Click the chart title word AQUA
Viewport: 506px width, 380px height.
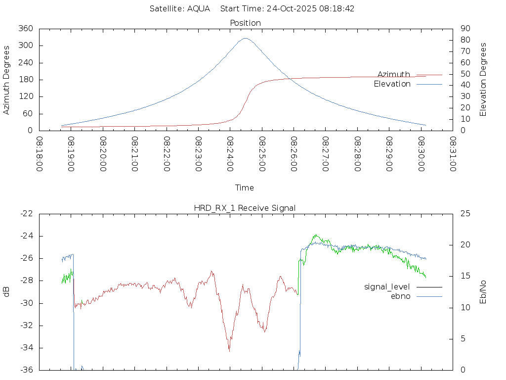click(198, 9)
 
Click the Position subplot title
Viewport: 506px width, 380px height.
click(246, 23)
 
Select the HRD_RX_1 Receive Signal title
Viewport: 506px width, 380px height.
click(245, 208)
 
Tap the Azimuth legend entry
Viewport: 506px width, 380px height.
click(394, 74)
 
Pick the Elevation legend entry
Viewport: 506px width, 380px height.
click(392, 84)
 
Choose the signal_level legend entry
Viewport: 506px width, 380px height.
click(387, 287)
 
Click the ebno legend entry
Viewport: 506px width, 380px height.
click(400, 296)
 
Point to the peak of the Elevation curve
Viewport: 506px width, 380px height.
click(246, 38)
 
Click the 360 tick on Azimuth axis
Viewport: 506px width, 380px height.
click(26, 29)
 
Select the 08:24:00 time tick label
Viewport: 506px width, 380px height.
click(230, 154)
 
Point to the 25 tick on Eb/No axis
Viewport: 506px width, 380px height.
click(465, 213)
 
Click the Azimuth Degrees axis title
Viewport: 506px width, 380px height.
click(7, 80)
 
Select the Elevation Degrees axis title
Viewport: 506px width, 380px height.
click(483, 80)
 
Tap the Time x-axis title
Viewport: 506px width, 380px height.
click(245, 188)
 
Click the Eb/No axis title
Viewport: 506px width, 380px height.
click(483, 292)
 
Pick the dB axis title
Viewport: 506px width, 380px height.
click(7, 292)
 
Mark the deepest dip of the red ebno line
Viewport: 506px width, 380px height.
click(229, 350)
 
